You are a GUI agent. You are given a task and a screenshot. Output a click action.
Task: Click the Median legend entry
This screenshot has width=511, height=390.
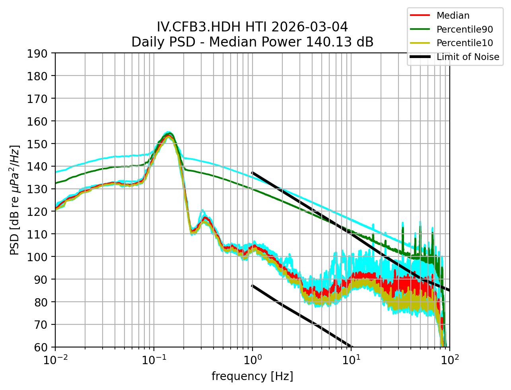click(x=453, y=16)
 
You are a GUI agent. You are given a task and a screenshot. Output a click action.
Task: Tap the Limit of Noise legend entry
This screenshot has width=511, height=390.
click(x=468, y=57)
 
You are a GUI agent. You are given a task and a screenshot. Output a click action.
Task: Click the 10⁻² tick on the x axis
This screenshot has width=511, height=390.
click(x=55, y=360)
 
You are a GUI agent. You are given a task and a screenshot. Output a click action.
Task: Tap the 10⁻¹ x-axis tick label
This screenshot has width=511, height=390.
click(x=154, y=360)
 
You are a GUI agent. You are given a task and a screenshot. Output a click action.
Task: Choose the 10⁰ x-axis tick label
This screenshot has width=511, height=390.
click(x=253, y=360)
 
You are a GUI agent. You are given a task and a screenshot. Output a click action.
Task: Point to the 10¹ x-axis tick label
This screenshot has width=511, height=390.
click(x=351, y=360)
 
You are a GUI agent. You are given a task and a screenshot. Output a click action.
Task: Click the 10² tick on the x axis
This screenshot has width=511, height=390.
click(x=450, y=360)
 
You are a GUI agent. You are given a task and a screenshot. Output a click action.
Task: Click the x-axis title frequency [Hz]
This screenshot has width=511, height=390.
click(x=252, y=376)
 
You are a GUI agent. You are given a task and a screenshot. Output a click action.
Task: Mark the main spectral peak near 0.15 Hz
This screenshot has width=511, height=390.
click(x=169, y=135)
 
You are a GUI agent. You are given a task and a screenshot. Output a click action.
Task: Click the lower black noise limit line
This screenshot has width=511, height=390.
click(x=302, y=316)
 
